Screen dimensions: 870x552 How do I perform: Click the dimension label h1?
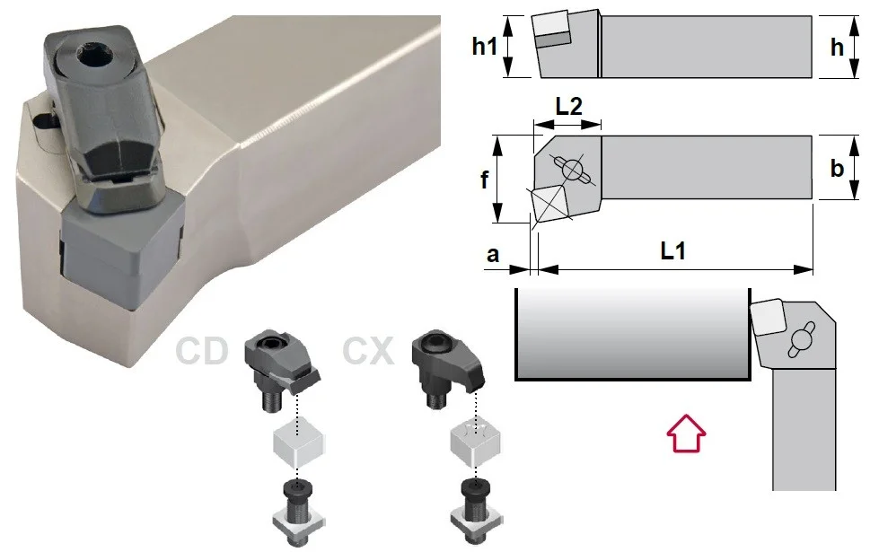tap(485, 47)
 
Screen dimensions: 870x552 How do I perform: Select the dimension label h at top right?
tap(837, 48)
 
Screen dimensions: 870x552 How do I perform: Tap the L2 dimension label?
tap(569, 105)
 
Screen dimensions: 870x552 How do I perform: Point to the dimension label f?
tap(485, 179)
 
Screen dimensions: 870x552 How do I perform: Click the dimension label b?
tap(837, 168)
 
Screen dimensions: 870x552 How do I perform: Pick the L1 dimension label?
tap(673, 251)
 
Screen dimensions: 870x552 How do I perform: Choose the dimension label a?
tap(493, 255)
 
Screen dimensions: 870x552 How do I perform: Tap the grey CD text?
tap(201, 351)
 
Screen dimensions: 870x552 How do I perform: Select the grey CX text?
tap(368, 351)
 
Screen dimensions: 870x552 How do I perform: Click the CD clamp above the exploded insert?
tap(279, 369)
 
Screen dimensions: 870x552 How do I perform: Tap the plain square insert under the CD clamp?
tap(298, 445)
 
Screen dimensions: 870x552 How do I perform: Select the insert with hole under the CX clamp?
tap(474, 445)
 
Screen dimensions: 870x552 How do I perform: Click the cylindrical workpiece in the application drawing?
tap(633, 334)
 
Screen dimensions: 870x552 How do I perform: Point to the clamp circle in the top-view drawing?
tap(573, 169)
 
